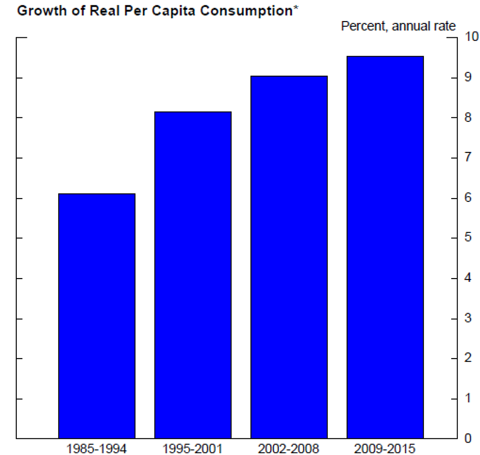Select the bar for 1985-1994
tap(96, 316)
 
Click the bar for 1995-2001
tap(193, 275)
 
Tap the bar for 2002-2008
tap(289, 257)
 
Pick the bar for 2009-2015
tap(385, 247)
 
